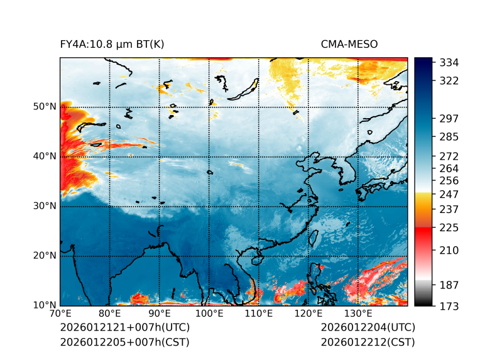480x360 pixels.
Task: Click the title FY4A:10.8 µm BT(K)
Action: (112, 44)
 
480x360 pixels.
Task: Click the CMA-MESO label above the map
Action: (349, 44)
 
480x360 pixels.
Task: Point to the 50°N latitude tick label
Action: (44, 107)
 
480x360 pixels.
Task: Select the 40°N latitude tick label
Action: (44, 156)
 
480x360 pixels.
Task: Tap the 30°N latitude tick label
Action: (44, 206)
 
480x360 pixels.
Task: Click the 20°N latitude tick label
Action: (44, 256)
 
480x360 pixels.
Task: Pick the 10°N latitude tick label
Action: (44, 305)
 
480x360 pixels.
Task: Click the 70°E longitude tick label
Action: (60, 314)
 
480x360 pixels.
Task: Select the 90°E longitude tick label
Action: (160, 314)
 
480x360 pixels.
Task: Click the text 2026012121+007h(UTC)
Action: (124, 328)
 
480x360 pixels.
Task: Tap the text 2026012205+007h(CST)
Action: (124, 342)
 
